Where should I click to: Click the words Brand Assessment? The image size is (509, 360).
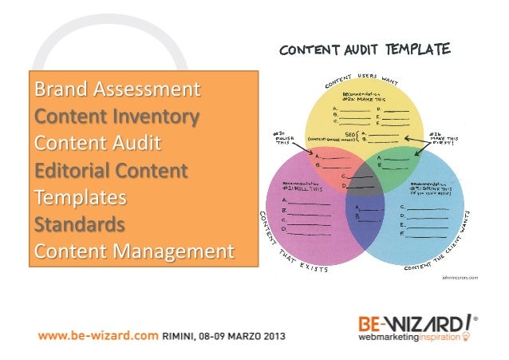[116, 88]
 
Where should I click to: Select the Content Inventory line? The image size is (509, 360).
[116, 117]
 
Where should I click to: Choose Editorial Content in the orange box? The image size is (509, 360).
[111, 172]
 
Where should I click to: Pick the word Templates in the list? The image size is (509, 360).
[81, 198]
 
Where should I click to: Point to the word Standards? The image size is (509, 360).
[78, 224]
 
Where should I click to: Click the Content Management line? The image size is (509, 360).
[133, 252]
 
